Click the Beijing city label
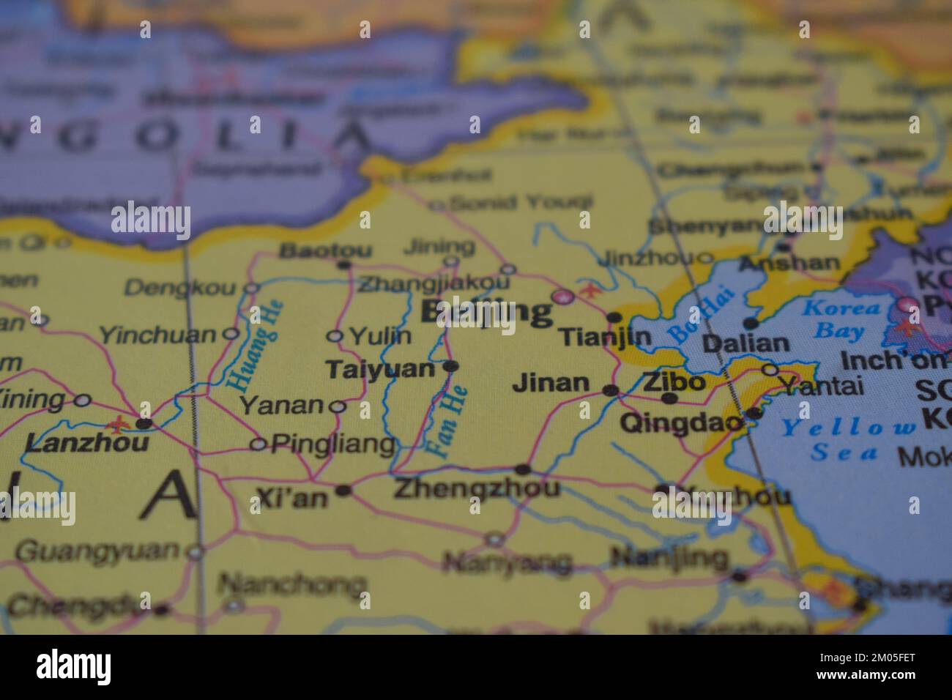point(487,313)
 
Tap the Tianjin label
point(605,337)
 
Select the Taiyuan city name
point(380,369)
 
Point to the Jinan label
point(551,382)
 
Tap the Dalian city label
point(745,343)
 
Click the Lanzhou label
point(86,443)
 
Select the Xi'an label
point(292,499)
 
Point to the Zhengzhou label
point(476,488)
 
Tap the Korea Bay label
point(841,319)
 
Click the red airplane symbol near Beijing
point(587,290)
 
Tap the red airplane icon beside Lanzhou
point(117,424)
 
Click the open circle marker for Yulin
point(335,336)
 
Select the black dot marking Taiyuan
point(451,365)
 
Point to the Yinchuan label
point(157,335)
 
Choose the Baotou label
point(316,250)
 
